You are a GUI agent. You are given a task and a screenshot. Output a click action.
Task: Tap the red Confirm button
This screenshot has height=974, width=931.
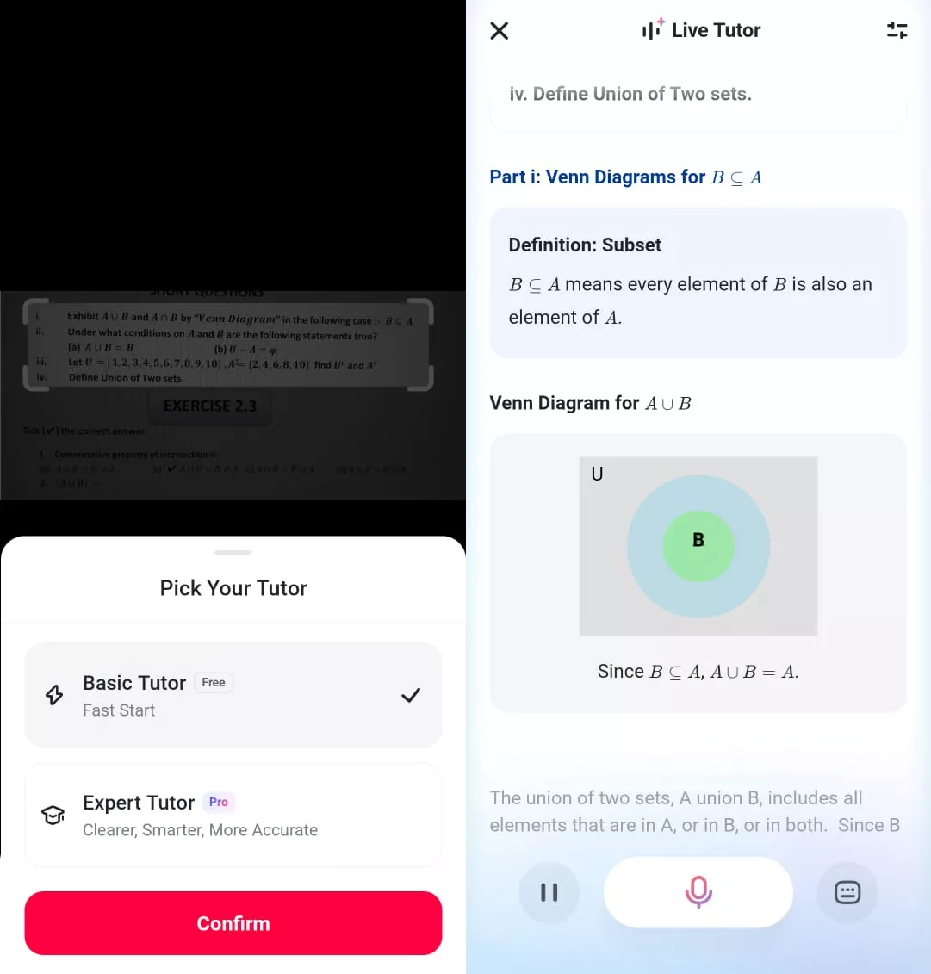233,923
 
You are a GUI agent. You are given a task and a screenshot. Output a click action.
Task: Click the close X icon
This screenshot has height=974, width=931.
500,31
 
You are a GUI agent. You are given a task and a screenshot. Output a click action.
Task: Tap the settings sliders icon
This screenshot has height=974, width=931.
897,31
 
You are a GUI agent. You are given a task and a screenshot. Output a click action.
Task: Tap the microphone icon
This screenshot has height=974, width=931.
698,892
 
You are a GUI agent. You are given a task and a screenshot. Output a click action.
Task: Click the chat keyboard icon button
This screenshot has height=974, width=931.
847,892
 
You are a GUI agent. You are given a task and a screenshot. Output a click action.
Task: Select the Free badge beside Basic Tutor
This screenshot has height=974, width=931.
214,683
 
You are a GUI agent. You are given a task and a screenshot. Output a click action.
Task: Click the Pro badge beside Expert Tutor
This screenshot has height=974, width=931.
219,803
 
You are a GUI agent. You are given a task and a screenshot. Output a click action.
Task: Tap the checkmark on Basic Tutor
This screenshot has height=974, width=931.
411,695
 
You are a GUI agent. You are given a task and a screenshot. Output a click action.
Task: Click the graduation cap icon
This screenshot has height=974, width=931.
53,815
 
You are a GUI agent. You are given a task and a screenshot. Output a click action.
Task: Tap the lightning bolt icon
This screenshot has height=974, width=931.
54,695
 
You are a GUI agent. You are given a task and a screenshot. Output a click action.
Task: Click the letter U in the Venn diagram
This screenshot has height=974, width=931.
597,474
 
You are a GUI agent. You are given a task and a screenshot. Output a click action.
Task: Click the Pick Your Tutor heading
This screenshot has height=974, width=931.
233,588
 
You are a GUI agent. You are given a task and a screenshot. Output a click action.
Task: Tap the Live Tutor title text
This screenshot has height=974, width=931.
716,31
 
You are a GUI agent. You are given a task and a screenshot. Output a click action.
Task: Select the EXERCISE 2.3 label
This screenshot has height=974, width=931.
210,406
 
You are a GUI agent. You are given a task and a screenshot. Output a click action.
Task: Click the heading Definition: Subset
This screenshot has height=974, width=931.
585,245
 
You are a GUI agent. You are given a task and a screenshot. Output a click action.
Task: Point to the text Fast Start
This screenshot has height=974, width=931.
119,710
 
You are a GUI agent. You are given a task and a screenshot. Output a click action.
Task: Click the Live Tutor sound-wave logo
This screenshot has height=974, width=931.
652,30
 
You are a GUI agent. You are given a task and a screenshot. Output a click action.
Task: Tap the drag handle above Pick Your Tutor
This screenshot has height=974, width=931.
233,552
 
